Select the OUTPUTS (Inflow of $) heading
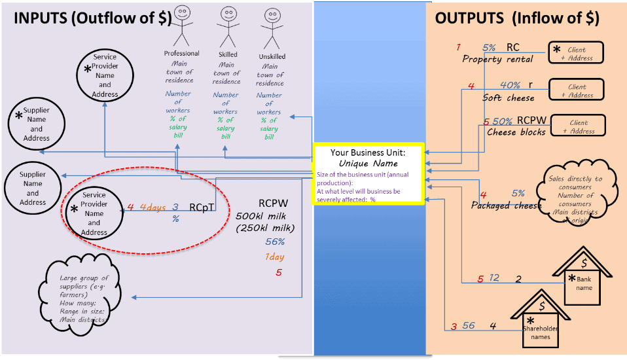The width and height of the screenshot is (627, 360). pyautogui.click(x=516, y=18)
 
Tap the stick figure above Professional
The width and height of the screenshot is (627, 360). pyautogui.click(x=181, y=26)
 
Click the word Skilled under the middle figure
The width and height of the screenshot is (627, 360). pyautogui.click(x=228, y=54)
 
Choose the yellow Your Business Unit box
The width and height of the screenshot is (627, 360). pyautogui.click(x=368, y=174)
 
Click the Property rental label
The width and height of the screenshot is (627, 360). pyautogui.click(x=497, y=59)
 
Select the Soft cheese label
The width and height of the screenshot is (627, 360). pyautogui.click(x=508, y=98)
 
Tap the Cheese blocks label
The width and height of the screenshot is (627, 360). pyautogui.click(x=516, y=132)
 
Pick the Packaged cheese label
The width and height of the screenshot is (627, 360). pyautogui.click(x=506, y=206)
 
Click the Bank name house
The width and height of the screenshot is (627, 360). pyautogui.click(x=584, y=278)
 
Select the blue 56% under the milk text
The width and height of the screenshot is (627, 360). pyautogui.click(x=275, y=242)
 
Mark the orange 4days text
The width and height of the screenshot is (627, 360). pyautogui.click(x=152, y=207)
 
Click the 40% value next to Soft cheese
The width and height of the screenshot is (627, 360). pyautogui.click(x=510, y=85)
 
